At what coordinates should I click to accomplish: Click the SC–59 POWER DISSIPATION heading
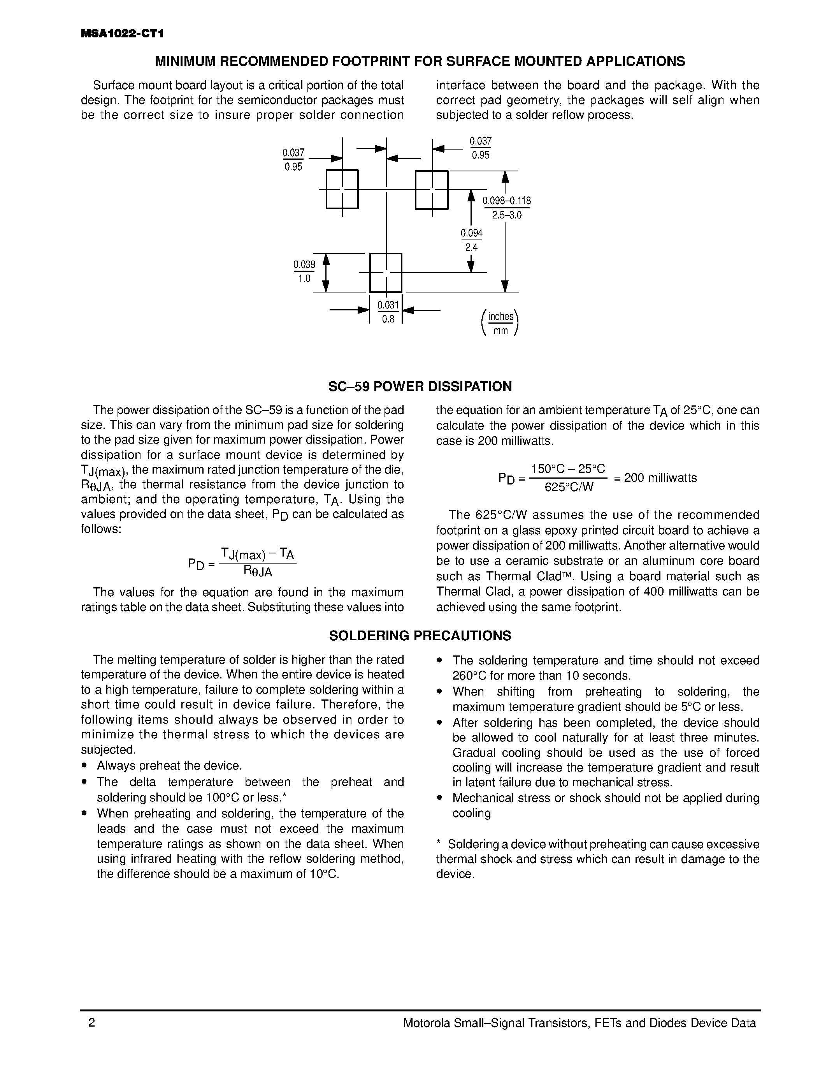420,386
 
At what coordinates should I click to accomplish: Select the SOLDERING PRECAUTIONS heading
420,636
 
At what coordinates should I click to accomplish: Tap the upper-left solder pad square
342,189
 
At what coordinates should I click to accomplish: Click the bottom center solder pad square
386,273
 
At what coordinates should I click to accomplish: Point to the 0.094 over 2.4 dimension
471,240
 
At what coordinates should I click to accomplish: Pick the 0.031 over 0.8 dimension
388,312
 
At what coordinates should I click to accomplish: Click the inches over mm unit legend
500,323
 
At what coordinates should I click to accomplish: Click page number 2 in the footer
91,1023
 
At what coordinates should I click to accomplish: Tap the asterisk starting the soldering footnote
439,844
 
